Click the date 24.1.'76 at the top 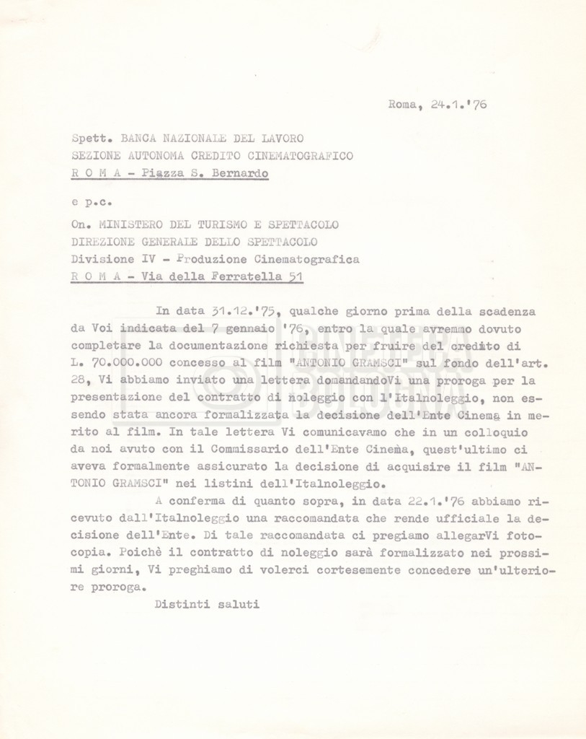point(458,104)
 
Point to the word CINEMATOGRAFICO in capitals point(306,155)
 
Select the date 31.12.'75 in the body point(240,311)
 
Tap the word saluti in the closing point(238,603)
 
